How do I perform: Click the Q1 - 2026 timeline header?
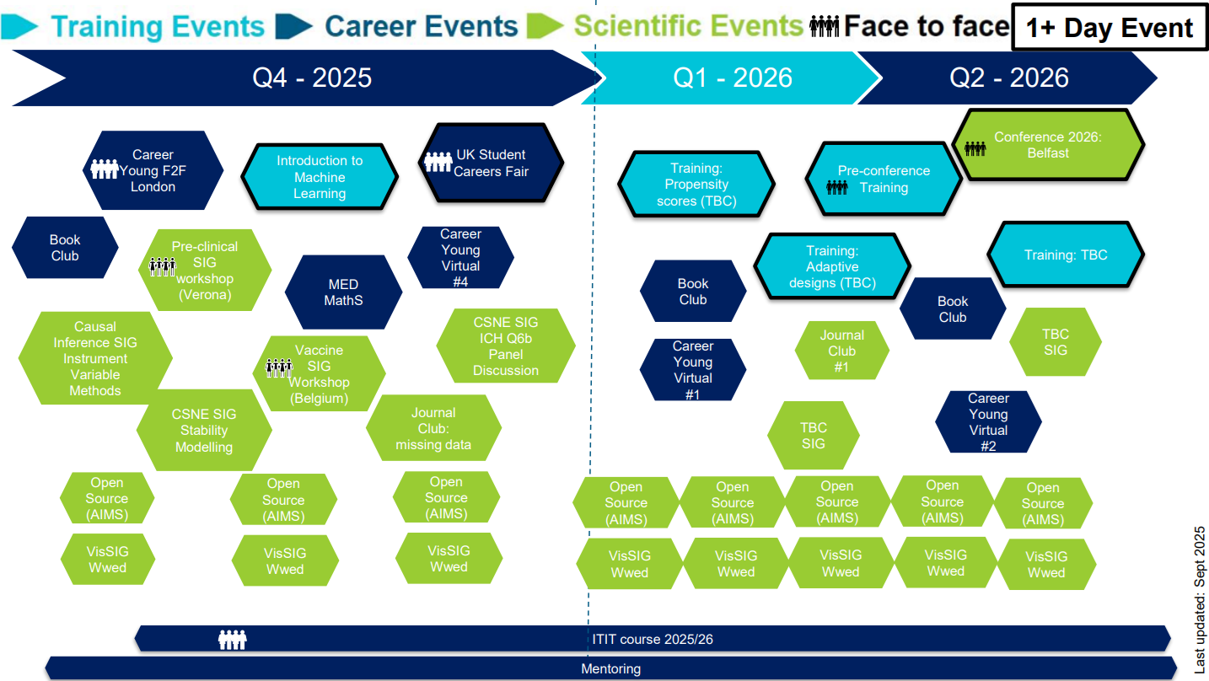point(732,78)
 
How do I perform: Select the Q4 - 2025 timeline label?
point(312,78)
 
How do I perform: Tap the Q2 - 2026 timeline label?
point(1008,78)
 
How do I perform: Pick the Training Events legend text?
point(158,26)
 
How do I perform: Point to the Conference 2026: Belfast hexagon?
point(1048,145)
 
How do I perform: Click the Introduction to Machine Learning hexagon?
point(320,177)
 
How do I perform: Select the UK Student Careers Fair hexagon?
point(492,163)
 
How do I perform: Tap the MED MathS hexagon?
point(343,292)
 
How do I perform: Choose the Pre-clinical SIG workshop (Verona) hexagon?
point(205,271)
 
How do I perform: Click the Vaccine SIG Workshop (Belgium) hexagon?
point(319,374)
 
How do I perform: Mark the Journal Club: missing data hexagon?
point(433,428)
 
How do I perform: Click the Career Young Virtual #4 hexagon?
point(460,257)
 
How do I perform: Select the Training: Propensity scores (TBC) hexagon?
point(696,185)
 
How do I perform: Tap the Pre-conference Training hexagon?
point(883,179)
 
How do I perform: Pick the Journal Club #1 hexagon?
point(841,351)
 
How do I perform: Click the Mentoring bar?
point(610,668)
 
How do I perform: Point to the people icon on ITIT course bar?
point(233,640)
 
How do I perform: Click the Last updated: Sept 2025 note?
point(1200,600)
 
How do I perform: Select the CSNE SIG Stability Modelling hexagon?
point(204,430)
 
